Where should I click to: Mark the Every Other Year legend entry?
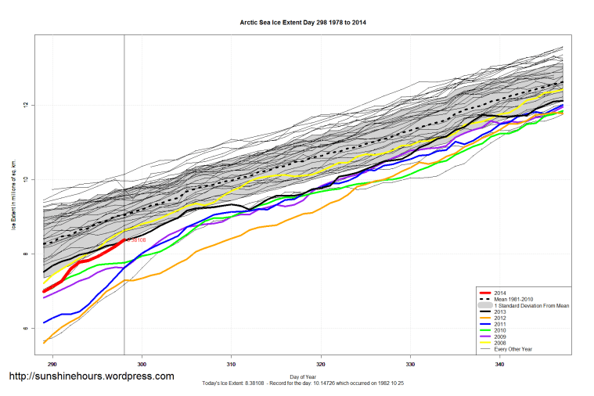pyautogui.click(x=513, y=349)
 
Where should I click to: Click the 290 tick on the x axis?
pyautogui.click(x=52, y=364)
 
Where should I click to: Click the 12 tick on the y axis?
pyautogui.click(x=25, y=105)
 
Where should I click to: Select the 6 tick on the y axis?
pyautogui.click(x=25, y=329)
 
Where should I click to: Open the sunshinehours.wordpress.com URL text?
pyautogui.click(x=91, y=376)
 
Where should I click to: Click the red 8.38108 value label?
pyautogui.click(x=136, y=240)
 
